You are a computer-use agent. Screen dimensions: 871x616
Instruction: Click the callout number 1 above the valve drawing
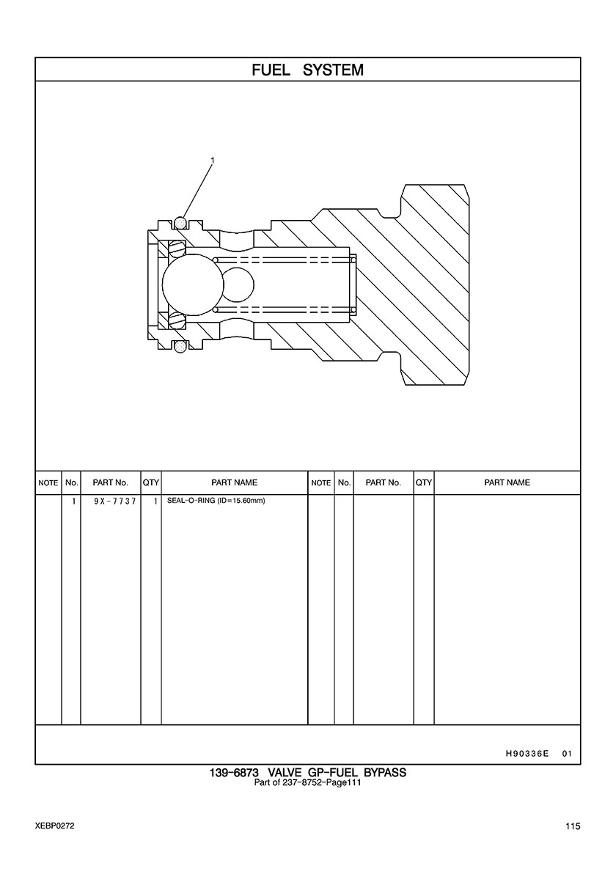(213, 160)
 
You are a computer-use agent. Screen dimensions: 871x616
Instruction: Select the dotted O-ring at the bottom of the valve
(179, 344)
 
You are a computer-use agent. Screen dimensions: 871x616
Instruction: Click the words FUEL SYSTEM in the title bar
(307, 70)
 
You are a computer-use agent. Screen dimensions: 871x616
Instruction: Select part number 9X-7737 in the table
(110, 502)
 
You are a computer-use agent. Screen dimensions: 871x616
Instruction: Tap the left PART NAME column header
(234, 482)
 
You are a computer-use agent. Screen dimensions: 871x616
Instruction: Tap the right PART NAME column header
(507, 482)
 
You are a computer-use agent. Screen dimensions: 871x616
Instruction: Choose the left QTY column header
(151, 482)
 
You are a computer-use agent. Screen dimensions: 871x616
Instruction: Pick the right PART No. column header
(383, 482)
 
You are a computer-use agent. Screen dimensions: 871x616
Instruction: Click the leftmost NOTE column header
(48, 483)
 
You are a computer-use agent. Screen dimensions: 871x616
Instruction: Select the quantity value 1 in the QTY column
(155, 502)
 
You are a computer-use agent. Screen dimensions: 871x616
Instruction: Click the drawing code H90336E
(527, 753)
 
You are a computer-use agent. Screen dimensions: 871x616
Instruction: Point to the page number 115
(573, 826)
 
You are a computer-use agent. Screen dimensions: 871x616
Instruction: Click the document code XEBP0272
(54, 826)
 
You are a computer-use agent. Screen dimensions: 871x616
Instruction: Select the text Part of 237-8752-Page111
(307, 782)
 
